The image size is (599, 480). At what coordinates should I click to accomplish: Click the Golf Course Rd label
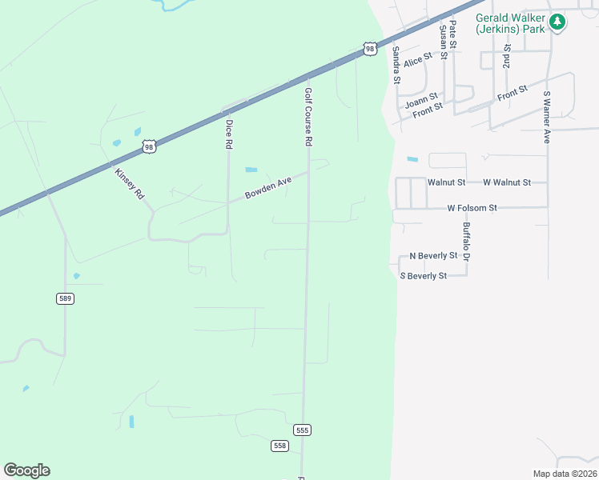click(x=308, y=117)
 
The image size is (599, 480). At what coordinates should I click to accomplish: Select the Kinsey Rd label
click(x=128, y=183)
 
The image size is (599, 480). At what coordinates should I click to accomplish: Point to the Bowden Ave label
click(x=268, y=189)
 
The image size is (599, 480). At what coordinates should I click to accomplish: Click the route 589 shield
click(x=65, y=298)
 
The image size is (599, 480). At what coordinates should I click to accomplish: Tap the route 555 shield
click(x=302, y=430)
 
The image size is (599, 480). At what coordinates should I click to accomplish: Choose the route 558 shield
click(x=279, y=446)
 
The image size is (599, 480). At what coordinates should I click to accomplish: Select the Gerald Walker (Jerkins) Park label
click(x=510, y=22)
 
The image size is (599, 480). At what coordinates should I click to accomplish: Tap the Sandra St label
click(x=396, y=64)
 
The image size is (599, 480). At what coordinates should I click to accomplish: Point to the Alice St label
click(x=418, y=58)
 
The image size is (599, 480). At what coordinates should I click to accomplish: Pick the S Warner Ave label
click(x=547, y=117)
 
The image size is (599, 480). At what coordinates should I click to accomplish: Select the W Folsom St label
click(x=472, y=208)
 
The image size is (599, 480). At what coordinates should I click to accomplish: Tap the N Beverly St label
click(x=432, y=256)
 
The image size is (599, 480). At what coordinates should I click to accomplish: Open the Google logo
click(x=26, y=470)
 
